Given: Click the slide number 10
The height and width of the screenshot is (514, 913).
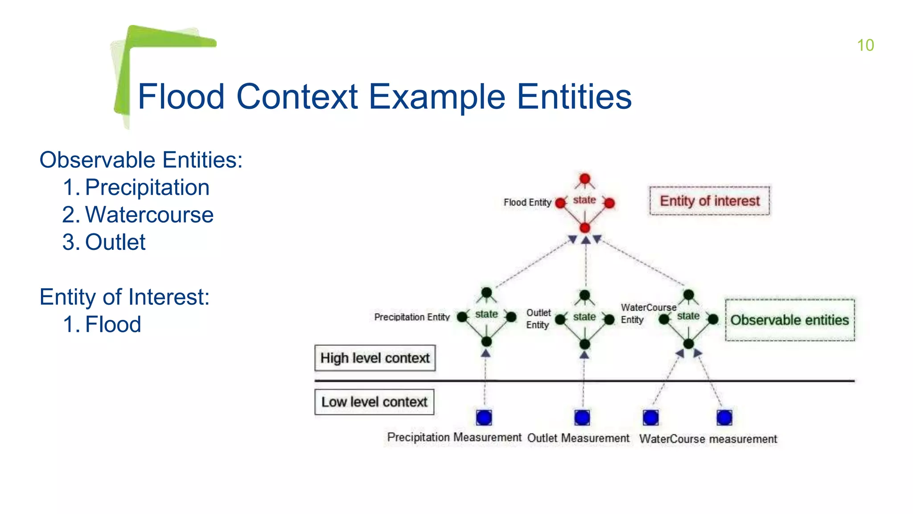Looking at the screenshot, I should pos(865,45).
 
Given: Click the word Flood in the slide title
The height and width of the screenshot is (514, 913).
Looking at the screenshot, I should pos(181,97).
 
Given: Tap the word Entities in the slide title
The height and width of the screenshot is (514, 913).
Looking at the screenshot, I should pos(574,97).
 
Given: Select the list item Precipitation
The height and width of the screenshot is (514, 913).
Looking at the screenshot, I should pos(147,187).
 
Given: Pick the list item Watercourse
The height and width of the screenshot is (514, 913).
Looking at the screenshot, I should pos(149,215).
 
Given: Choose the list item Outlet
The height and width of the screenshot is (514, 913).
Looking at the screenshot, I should pos(115,242).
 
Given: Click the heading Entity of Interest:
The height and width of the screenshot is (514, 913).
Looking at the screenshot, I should pos(124,297).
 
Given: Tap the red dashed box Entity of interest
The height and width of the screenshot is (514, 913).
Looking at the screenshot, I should pos(709,201).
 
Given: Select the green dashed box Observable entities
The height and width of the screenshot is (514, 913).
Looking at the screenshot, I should pos(790,320).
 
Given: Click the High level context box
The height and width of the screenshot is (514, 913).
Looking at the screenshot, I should pos(375,358).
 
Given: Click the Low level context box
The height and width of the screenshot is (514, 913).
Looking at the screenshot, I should pos(374,402).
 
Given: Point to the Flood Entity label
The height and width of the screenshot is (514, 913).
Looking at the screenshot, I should pos(527,203).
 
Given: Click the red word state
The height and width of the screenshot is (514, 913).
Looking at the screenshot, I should pos(584,200).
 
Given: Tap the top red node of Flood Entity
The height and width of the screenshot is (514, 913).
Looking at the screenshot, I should pos(585,179).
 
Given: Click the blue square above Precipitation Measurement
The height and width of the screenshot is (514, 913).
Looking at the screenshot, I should pos(484,418).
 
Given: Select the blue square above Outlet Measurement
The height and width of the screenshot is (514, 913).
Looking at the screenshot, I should pos(582,418).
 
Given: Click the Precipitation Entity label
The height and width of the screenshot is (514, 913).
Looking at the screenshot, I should pos(412,317).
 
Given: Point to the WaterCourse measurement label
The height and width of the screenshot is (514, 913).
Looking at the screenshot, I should pos(708,439).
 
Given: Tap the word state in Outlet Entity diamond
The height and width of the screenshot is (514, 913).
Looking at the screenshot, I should pos(584,317).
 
